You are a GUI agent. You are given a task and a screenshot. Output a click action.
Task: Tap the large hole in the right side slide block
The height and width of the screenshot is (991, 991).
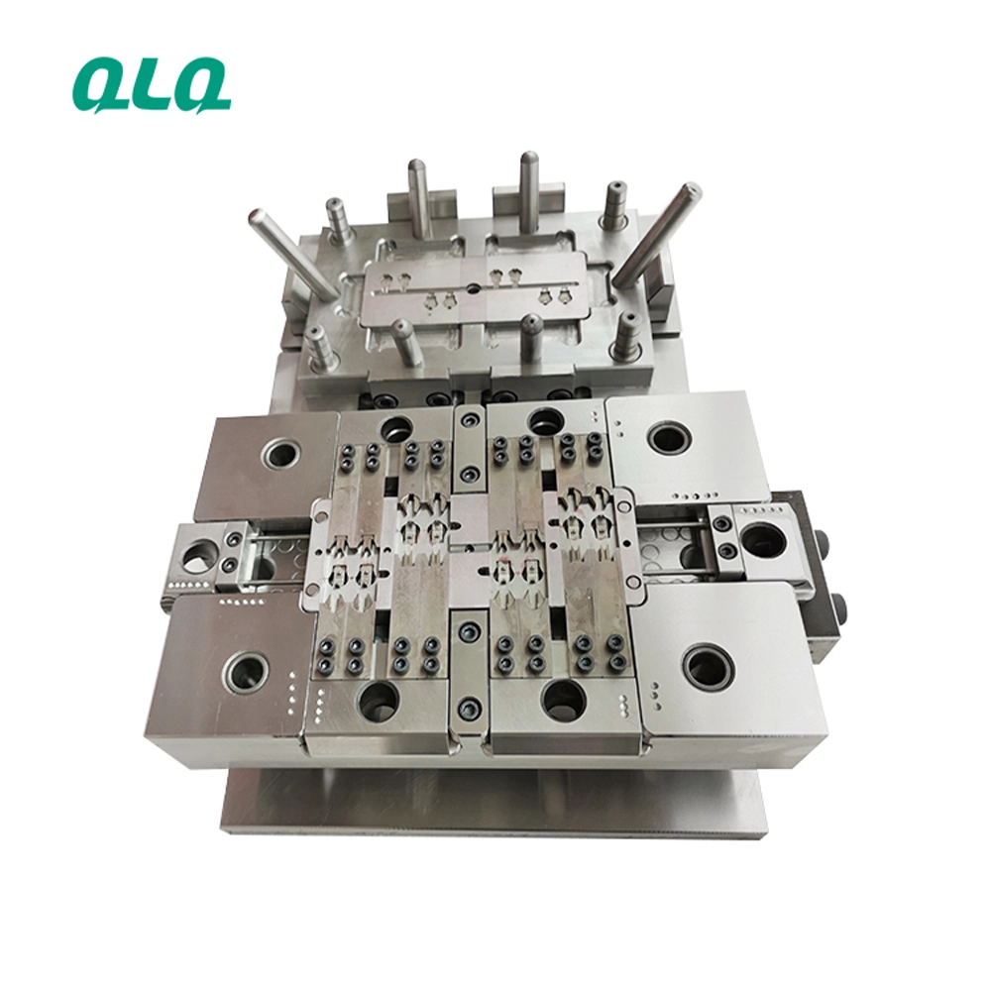point(764,543)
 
